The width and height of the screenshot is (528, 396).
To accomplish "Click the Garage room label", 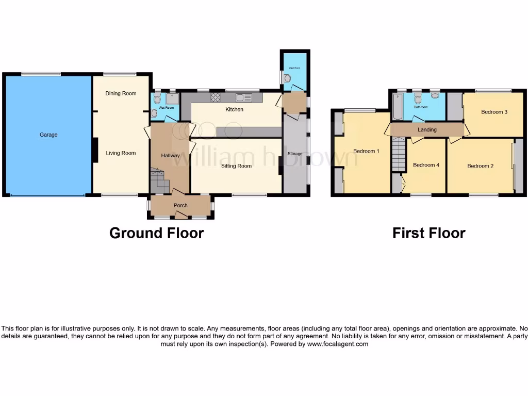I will click(x=48, y=135).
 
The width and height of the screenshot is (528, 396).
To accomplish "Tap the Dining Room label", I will click(x=121, y=93).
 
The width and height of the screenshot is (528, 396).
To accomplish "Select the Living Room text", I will click(x=121, y=153).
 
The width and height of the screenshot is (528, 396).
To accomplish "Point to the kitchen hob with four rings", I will click(x=216, y=97).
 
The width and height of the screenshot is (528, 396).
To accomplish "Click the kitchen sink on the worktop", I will click(x=243, y=97).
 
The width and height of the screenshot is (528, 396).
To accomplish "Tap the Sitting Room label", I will click(x=236, y=166).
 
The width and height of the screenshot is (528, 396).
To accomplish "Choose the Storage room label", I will click(x=295, y=154).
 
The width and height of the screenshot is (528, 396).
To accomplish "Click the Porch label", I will click(x=180, y=206).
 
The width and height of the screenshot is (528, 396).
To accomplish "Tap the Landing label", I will click(x=427, y=130).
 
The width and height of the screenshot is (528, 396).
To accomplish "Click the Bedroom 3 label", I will click(x=494, y=112).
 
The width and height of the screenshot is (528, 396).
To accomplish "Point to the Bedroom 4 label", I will click(x=426, y=165).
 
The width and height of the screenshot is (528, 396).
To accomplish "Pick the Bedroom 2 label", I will click(x=480, y=166).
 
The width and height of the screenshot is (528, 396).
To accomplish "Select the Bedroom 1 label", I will click(x=366, y=151).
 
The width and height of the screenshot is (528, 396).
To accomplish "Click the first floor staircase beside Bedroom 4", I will click(x=399, y=155).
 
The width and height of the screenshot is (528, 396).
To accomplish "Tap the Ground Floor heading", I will click(x=156, y=234).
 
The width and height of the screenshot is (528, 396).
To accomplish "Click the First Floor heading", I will click(x=428, y=234).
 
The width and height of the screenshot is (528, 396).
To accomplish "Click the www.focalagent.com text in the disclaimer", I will click(x=338, y=344).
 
